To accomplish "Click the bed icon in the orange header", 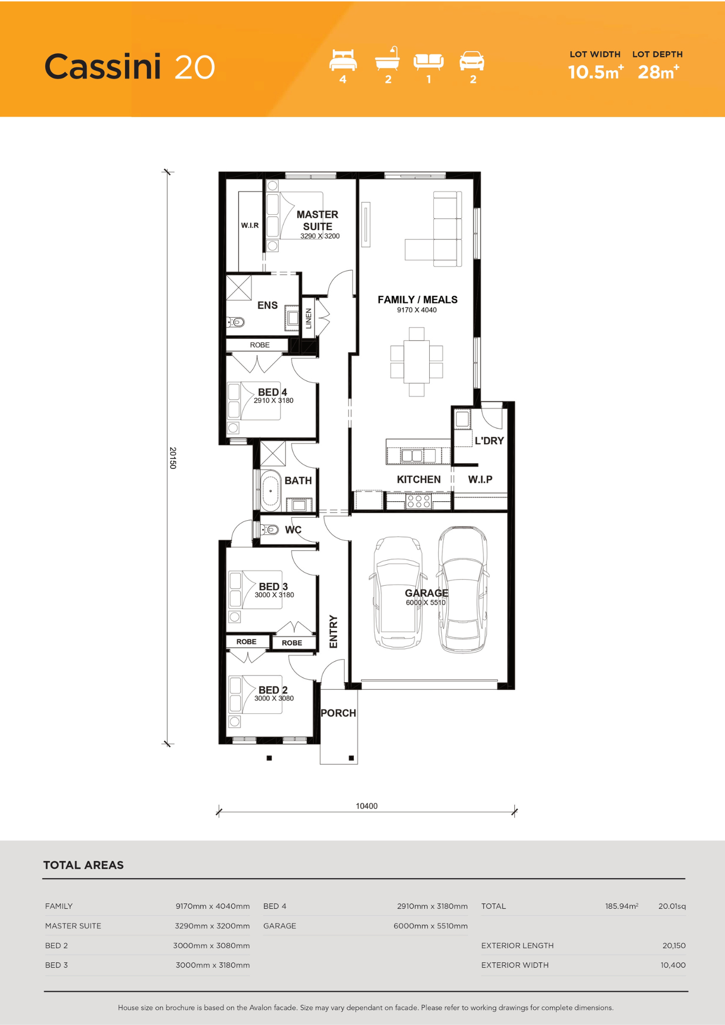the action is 343,60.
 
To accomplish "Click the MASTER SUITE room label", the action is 317,220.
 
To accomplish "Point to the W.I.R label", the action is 250,225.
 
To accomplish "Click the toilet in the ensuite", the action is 236,322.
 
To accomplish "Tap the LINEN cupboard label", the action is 309,318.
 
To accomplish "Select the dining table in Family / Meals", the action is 416,362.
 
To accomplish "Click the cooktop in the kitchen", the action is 419,501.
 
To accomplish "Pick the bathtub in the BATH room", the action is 270,491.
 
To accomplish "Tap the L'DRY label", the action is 489,441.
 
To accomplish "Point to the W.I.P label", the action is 480,480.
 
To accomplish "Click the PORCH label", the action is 338,713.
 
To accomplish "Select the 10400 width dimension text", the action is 367,806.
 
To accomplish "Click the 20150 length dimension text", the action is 173,458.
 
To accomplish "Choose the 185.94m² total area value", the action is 621,906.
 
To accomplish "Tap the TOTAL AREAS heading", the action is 84,865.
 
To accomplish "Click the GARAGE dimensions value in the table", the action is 431,926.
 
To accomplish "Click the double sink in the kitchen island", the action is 412,455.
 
